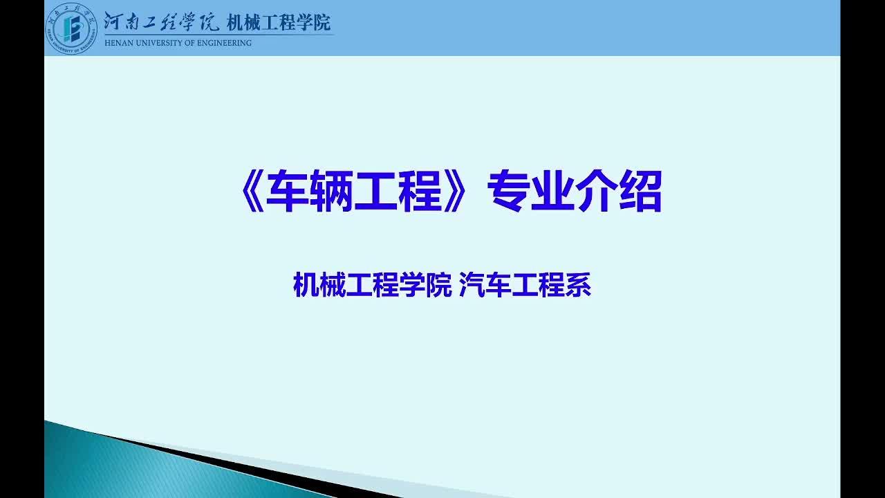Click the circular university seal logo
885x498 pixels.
(x=71, y=28)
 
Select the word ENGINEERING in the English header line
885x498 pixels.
(x=224, y=43)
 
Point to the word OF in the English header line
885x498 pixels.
(x=189, y=43)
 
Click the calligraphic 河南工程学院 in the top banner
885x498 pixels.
(x=161, y=21)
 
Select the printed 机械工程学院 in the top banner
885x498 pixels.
(x=279, y=23)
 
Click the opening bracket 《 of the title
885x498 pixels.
(x=252, y=192)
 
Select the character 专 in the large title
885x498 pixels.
(x=509, y=192)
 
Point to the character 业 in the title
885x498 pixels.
(x=552, y=192)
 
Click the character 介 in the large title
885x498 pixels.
(x=597, y=192)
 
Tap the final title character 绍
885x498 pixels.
(x=641, y=192)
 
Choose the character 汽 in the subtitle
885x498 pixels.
(x=472, y=284)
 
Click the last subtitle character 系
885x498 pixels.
(x=579, y=284)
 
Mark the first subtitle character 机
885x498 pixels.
(x=306, y=284)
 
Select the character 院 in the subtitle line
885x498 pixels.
(x=439, y=284)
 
